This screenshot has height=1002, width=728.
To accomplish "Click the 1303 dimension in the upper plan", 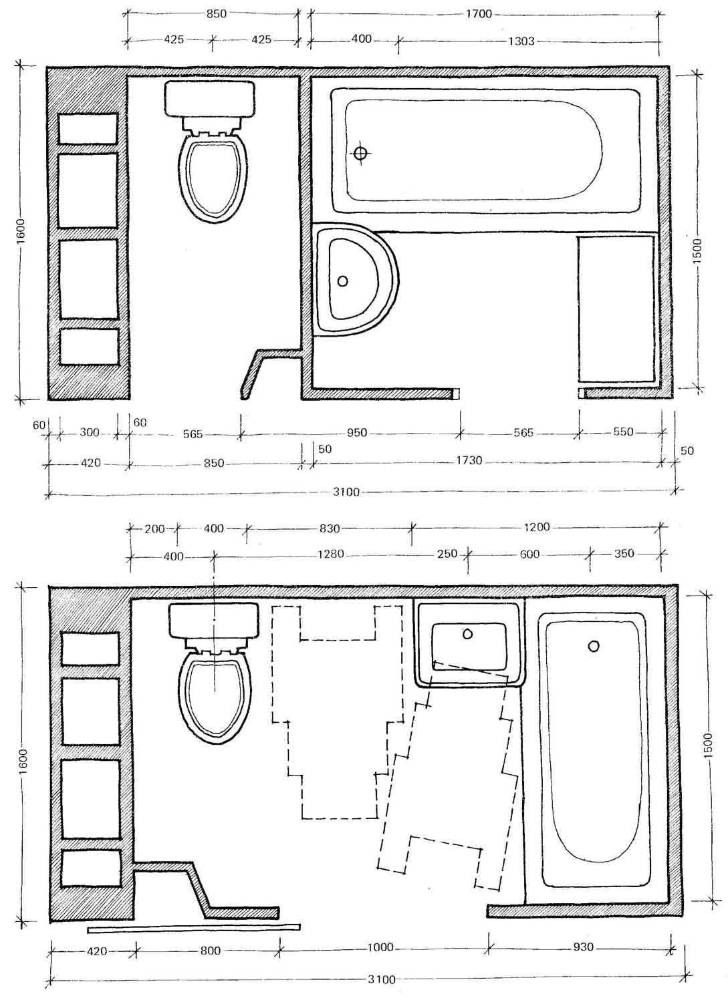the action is pyautogui.click(x=521, y=41).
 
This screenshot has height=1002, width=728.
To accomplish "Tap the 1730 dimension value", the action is pyautogui.click(x=469, y=460).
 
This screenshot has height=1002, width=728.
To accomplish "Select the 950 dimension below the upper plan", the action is pyautogui.click(x=357, y=433).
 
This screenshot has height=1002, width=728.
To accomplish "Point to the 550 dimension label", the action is pyautogui.click(x=623, y=432).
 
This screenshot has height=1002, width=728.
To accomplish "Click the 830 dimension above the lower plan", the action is pyautogui.click(x=330, y=528).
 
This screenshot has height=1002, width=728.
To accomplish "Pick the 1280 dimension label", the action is pyautogui.click(x=330, y=554).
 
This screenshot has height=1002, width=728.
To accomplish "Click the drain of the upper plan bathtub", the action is pyautogui.click(x=360, y=154).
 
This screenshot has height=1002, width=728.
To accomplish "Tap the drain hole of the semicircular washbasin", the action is pyautogui.click(x=342, y=281).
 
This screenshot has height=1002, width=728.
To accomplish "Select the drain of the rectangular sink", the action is pyautogui.click(x=467, y=634).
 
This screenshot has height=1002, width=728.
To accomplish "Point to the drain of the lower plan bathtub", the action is pyautogui.click(x=594, y=646).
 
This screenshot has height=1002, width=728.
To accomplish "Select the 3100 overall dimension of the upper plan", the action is pyautogui.click(x=346, y=492).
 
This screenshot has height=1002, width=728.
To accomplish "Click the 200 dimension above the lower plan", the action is pyautogui.click(x=154, y=528).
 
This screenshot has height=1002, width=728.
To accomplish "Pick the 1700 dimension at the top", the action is pyautogui.click(x=479, y=14).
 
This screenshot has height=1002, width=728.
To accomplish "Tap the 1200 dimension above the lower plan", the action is pyautogui.click(x=536, y=527).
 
